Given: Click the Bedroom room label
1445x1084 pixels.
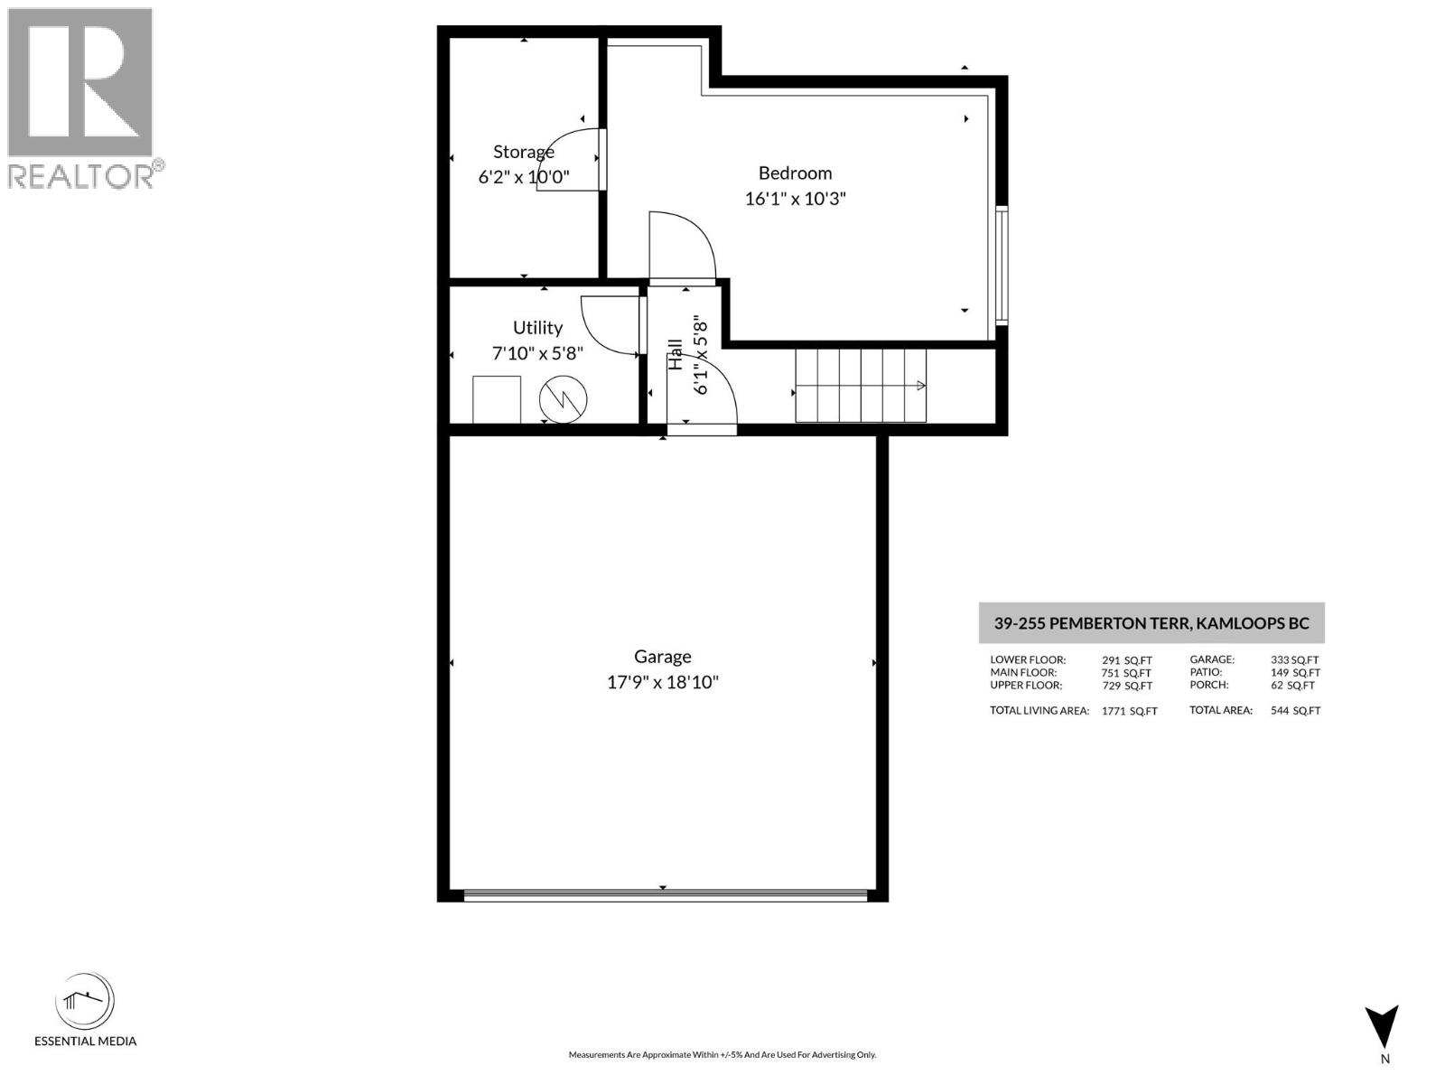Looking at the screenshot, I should tap(795, 173).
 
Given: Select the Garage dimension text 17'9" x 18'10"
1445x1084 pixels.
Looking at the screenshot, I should tap(662, 682).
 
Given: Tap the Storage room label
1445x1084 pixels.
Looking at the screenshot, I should tap(523, 152).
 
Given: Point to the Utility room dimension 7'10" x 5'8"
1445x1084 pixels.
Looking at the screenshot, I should tap(537, 353).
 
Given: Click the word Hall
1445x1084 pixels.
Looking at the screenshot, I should tap(676, 354).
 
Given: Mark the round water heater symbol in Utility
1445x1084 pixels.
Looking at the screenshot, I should tap(564, 399).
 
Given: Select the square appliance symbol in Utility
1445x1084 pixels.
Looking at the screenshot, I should tap(497, 399).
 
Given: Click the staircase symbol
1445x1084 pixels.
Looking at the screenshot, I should tap(861, 386).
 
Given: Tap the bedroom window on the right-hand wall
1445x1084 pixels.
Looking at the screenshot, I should tap(1001, 265).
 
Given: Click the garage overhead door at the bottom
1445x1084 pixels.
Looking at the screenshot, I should tap(664, 895).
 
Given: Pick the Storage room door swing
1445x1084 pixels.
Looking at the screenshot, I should tap(569, 161).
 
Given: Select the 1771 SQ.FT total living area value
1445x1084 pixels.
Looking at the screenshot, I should tap(1129, 711).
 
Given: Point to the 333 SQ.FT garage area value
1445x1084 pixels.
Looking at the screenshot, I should tap(1294, 660).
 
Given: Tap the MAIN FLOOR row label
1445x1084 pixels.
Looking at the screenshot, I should tap(1022, 672).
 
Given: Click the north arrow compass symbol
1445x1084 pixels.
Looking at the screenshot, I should tap(1382, 1028).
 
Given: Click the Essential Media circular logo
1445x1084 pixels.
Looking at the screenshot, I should tap(85, 1003).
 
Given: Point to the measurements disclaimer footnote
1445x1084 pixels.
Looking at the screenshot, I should tap(722, 1054).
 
